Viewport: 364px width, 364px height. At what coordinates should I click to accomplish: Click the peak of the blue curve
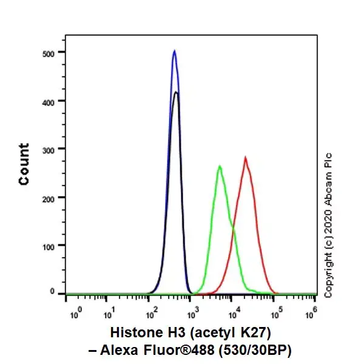[x=174, y=51]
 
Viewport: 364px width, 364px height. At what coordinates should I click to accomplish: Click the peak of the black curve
[x=176, y=92]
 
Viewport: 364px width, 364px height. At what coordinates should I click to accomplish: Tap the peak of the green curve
[x=219, y=166]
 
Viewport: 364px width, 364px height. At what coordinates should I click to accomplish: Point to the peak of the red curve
[x=245, y=157]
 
